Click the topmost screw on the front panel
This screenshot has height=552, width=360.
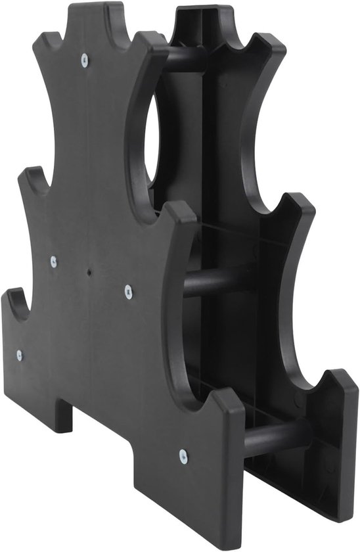(x=84, y=60)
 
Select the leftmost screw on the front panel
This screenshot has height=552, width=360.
(x=19, y=355)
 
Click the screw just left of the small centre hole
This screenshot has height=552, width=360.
(x=54, y=261)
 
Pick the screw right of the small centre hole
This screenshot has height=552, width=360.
(x=128, y=289)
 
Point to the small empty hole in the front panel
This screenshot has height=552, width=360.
(x=89, y=270)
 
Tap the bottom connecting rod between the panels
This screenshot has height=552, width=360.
(x=276, y=435)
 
